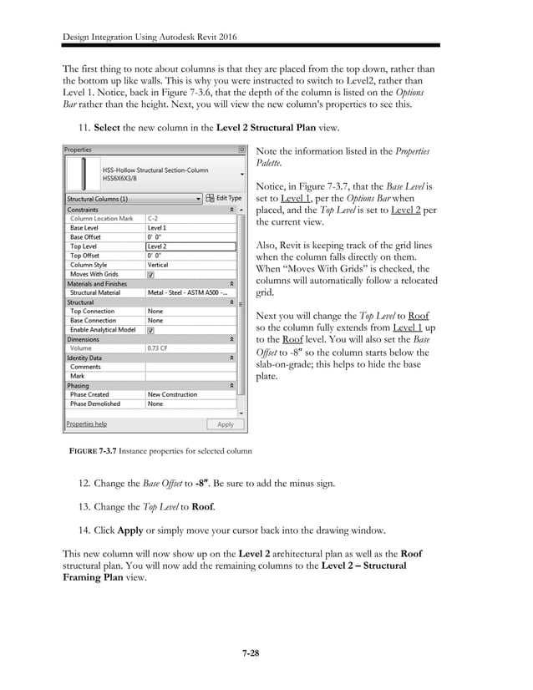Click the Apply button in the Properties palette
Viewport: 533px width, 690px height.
click(x=226, y=424)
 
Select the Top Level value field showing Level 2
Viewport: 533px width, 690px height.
click(x=190, y=246)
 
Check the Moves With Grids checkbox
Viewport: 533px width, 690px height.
click(x=150, y=274)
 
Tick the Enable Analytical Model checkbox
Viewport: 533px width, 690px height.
click(x=150, y=330)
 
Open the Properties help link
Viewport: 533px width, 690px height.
click(x=87, y=424)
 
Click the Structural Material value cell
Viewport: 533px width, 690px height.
click(x=190, y=292)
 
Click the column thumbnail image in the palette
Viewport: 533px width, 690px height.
click(x=81, y=173)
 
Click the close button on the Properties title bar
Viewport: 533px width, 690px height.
click(x=241, y=150)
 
